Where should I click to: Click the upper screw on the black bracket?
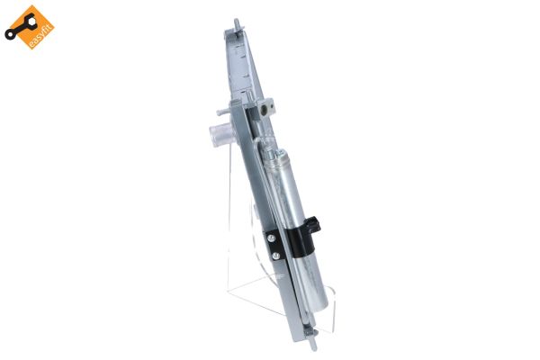(x=273, y=238)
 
